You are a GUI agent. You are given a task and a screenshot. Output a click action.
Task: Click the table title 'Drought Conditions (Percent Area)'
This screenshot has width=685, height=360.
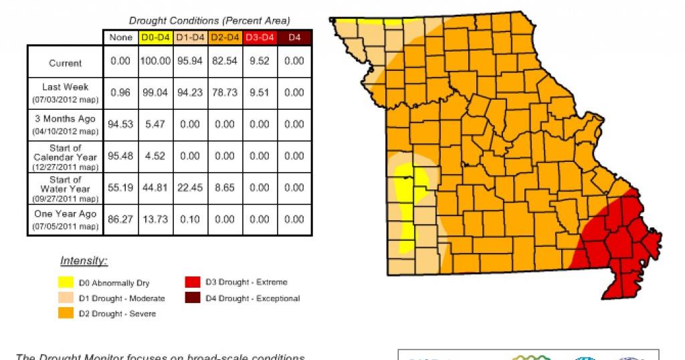[x=209, y=21]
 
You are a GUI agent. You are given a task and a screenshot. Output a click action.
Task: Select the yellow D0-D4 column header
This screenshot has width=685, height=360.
[x=155, y=38]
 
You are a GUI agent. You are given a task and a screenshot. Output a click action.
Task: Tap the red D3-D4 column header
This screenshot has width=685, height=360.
[x=260, y=38]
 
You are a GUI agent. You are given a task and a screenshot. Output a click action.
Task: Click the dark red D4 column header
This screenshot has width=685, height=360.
[x=294, y=38]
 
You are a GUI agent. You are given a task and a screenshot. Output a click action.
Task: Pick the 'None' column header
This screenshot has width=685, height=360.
[x=121, y=38]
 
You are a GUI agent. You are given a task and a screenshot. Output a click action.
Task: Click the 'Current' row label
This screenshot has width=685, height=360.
[x=66, y=64]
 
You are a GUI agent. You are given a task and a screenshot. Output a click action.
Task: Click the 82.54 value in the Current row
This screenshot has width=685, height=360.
[x=225, y=61]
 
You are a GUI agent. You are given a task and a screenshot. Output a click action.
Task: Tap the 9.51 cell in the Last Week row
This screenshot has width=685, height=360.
[x=260, y=93]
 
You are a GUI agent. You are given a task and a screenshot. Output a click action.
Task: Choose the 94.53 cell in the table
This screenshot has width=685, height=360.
[x=120, y=124]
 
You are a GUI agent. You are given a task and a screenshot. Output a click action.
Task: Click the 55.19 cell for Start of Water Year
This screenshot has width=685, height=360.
[x=120, y=188]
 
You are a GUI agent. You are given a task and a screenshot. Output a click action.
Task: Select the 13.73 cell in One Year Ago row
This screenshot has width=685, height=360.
[x=155, y=219]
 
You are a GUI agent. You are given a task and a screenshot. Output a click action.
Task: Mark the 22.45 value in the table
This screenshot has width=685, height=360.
[x=190, y=188]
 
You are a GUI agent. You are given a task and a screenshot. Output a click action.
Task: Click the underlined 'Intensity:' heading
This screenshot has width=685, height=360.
[x=84, y=261]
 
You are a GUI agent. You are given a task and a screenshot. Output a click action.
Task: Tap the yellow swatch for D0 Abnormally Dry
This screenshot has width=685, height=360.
[x=66, y=282]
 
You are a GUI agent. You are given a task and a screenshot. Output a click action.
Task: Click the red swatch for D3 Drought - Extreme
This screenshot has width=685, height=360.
[x=193, y=282]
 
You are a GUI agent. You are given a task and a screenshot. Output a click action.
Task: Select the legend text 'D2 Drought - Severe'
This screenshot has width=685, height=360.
[x=117, y=314]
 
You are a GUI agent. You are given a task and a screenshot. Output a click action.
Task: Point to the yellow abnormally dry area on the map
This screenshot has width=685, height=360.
[x=404, y=207]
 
